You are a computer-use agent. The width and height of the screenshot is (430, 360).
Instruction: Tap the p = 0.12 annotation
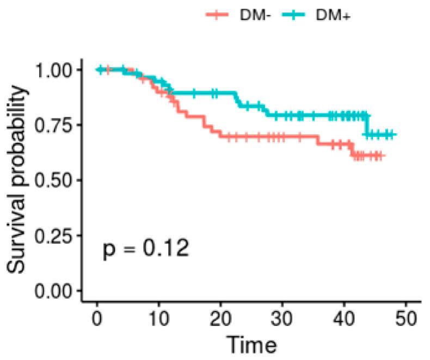[146, 250]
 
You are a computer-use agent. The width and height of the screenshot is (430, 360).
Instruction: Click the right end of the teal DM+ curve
[394, 134]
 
